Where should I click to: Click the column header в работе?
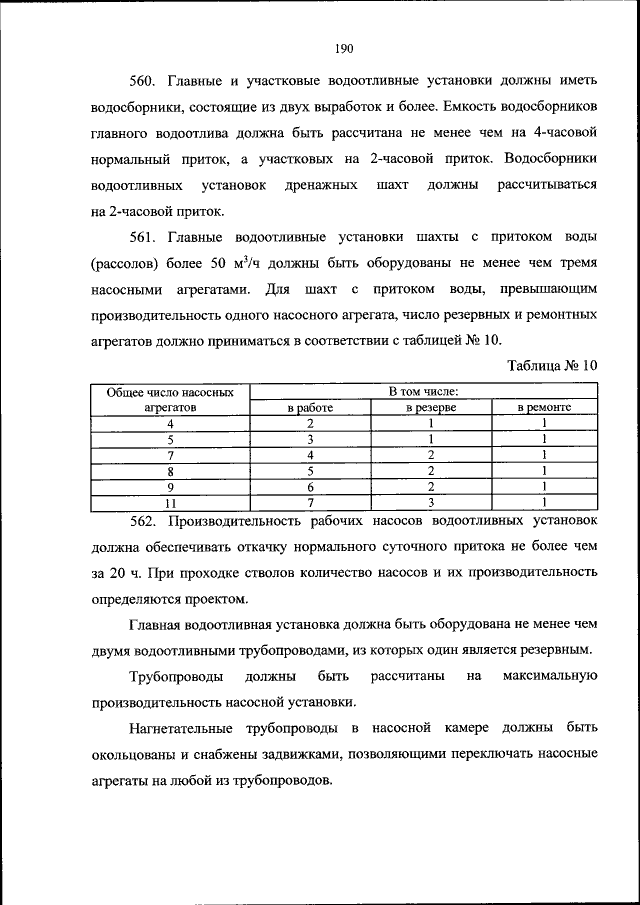coord(310,409)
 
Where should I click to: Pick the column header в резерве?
coord(430,409)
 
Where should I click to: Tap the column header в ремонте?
coord(544,409)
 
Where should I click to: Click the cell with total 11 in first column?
coord(170,502)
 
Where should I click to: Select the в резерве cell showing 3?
coord(430,502)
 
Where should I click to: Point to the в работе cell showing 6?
coord(310,486)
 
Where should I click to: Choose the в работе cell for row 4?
coord(310,424)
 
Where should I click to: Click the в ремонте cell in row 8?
coord(544,471)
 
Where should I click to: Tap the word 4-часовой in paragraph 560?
coord(562,132)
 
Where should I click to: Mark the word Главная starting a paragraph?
coord(158,624)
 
